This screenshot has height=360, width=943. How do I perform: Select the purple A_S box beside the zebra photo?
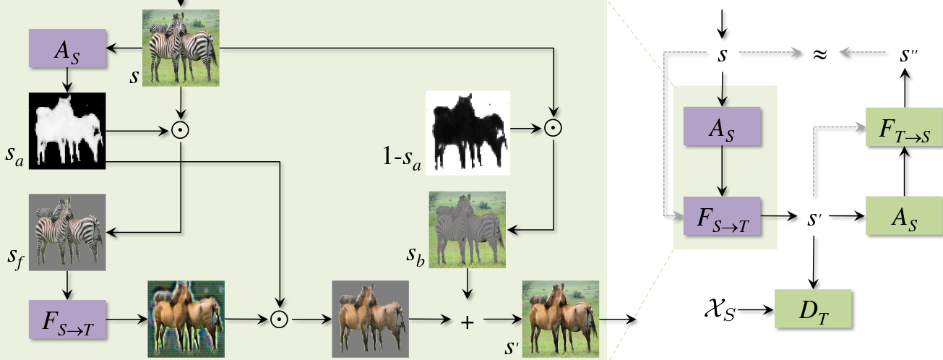pyautogui.click(x=67, y=48)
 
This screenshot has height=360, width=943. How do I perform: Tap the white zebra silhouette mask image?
pyautogui.click(x=67, y=131)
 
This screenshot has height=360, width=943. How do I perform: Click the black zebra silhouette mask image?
pyautogui.click(x=468, y=133)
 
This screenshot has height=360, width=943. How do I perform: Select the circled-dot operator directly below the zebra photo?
pyautogui.click(x=181, y=131)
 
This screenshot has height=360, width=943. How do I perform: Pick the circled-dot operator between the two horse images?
pyautogui.click(x=279, y=318)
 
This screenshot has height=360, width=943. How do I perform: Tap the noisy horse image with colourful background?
pyautogui.click(x=186, y=318)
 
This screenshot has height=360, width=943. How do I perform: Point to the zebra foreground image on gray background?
pyautogui.click(x=67, y=232)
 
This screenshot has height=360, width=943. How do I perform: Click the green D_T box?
pyautogui.click(x=813, y=309)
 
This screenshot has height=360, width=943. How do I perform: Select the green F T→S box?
pyautogui.click(x=905, y=127)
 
